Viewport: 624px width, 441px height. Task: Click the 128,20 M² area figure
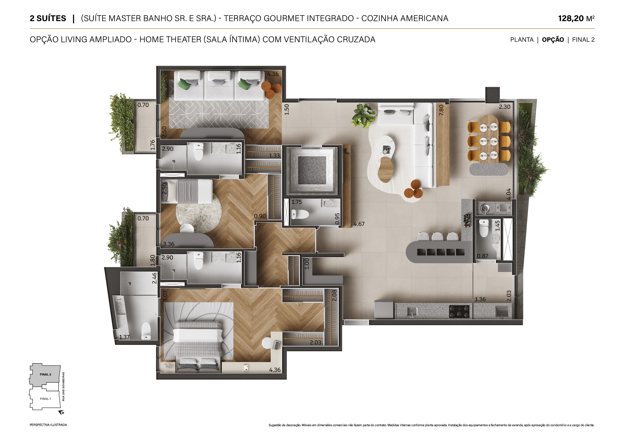[576, 18]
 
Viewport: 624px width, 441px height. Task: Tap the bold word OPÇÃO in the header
[553, 40]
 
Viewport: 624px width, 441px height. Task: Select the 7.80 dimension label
[441, 110]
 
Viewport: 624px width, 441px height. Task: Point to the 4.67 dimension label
[359, 224]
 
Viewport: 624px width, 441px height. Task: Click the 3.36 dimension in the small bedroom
[169, 244]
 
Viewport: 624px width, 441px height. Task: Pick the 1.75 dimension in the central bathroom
[297, 202]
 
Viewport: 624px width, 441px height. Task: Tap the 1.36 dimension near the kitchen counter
[480, 299]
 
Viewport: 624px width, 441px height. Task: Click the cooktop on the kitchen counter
[459, 311]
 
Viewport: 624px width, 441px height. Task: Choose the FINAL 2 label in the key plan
[45, 374]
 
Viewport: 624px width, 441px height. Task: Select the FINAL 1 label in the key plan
[45, 399]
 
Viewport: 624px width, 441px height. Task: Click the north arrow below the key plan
[61, 413]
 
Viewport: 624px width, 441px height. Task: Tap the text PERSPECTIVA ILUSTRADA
[48, 425]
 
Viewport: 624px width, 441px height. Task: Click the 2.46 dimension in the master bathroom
[154, 278]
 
